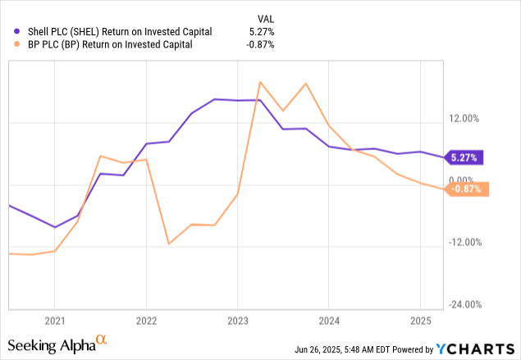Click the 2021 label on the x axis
click(x=54, y=321)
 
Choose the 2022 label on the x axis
click(x=146, y=321)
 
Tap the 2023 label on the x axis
click(x=237, y=321)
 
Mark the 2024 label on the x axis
click(x=329, y=321)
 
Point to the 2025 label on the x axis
click(x=420, y=321)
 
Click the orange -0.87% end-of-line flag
click(x=468, y=189)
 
